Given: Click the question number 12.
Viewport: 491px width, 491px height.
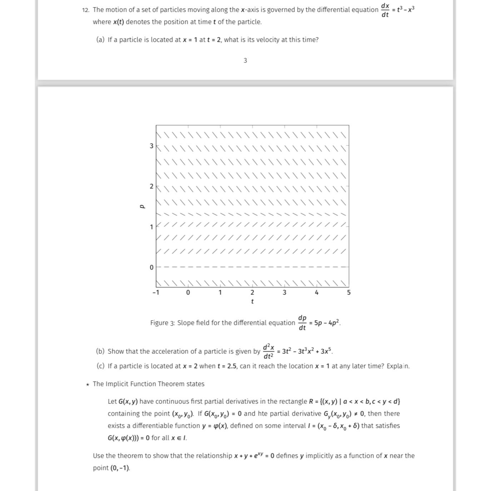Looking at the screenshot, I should click(x=85, y=10).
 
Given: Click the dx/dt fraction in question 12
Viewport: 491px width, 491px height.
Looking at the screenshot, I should click(x=385, y=10).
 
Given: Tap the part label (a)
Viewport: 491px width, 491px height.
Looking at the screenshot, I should click(x=100, y=40).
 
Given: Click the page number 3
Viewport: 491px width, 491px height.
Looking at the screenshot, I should click(x=245, y=61).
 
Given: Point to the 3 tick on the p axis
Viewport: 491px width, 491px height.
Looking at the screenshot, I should click(x=152, y=146).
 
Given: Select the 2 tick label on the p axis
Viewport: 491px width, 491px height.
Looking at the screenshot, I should click(x=152, y=186).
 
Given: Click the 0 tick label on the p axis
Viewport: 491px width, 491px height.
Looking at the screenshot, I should click(x=152, y=267).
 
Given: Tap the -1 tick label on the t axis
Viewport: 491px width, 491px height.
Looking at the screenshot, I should click(x=156, y=293).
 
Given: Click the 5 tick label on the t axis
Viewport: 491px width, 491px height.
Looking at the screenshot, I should click(x=349, y=293).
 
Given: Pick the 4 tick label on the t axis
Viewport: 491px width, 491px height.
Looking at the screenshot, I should click(x=317, y=293).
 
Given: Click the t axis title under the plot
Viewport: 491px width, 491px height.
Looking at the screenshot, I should click(x=252, y=302).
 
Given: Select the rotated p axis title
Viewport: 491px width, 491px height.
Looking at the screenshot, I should click(x=142, y=206).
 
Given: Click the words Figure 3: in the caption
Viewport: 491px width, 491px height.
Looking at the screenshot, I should click(x=162, y=323).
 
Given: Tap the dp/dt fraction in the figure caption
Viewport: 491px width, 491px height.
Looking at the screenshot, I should click(x=302, y=323).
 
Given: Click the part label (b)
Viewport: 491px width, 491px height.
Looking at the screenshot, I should click(x=100, y=351).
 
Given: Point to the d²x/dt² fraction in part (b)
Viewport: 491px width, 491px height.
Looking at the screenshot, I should click(x=269, y=351).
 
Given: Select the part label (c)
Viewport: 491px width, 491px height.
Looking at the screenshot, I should click(x=100, y=366).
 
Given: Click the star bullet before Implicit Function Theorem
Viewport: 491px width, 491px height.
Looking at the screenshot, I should click(x=87, y=385).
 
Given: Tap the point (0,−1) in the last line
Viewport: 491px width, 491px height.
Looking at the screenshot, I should click(x=120, y=468).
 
